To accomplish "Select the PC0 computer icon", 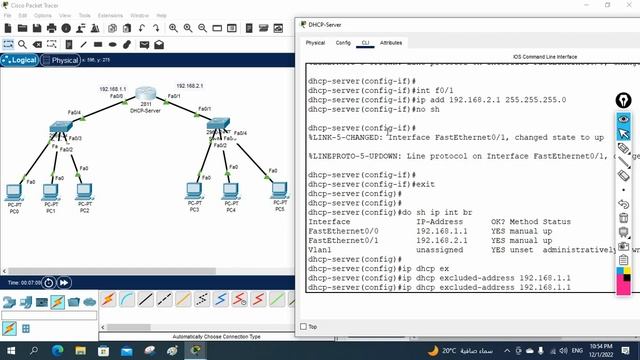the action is point(15,191).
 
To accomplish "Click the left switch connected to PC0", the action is point(59,131).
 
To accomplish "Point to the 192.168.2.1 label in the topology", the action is point(190,86).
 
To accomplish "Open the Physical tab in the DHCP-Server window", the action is point(315,43).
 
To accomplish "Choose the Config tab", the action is point(343,43).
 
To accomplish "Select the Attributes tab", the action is point(391,43).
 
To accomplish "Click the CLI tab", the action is point(366,43).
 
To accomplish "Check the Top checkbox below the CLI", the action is point(303,326).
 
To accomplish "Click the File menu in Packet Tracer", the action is point(7,16).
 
